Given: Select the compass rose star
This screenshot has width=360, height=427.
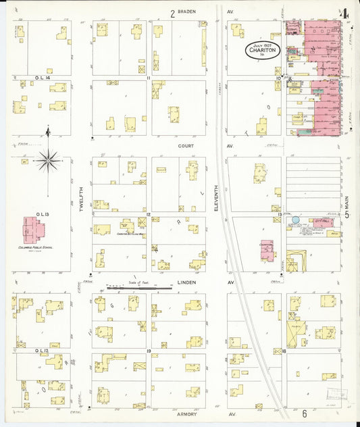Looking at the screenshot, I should point(48,160).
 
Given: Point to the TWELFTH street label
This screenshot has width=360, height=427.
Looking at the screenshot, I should point(81,200).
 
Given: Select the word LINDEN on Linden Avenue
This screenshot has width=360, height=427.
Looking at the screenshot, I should point(186,282).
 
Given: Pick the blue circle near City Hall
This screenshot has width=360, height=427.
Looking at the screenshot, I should point(294,220).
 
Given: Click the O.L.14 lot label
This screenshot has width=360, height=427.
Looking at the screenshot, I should point(24,78).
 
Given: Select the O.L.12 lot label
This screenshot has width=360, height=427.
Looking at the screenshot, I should point(24,351).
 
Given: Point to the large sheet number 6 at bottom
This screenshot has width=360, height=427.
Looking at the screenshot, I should point(305,413).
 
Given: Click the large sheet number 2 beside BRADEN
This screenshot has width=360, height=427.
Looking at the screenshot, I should point(172,12).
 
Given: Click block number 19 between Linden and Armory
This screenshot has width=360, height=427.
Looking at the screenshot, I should point(148,351).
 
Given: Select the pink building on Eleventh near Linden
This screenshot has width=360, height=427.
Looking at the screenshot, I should point(267,250).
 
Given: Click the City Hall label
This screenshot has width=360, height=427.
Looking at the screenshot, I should point(319,220).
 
